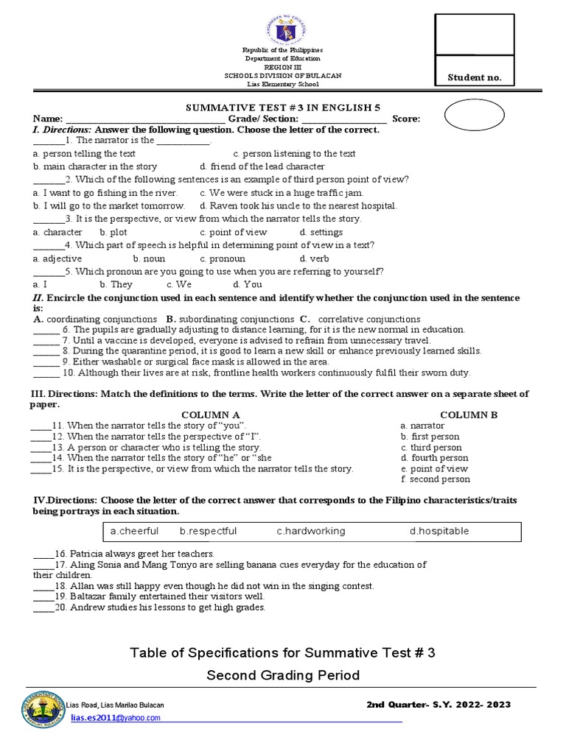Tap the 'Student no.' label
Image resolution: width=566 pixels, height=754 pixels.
[x=475, y=78]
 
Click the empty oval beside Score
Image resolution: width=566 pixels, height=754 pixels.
[x=475, y=116]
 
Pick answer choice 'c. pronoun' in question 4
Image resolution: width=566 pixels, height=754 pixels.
[x=223, y=258]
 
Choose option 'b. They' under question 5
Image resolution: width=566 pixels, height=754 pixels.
[x=116, y=284]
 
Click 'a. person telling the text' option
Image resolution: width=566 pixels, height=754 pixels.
[x=84, y=154]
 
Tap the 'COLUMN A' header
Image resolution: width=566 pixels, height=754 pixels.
[x=211, y=415]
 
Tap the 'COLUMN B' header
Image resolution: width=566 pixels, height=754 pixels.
[x=469, y=415]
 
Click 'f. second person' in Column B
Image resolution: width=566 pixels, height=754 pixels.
[x=435, y=479]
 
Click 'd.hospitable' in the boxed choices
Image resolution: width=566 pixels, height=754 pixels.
[x=439, y=531]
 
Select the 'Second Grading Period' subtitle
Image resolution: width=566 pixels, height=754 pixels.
[x=282, y=675]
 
